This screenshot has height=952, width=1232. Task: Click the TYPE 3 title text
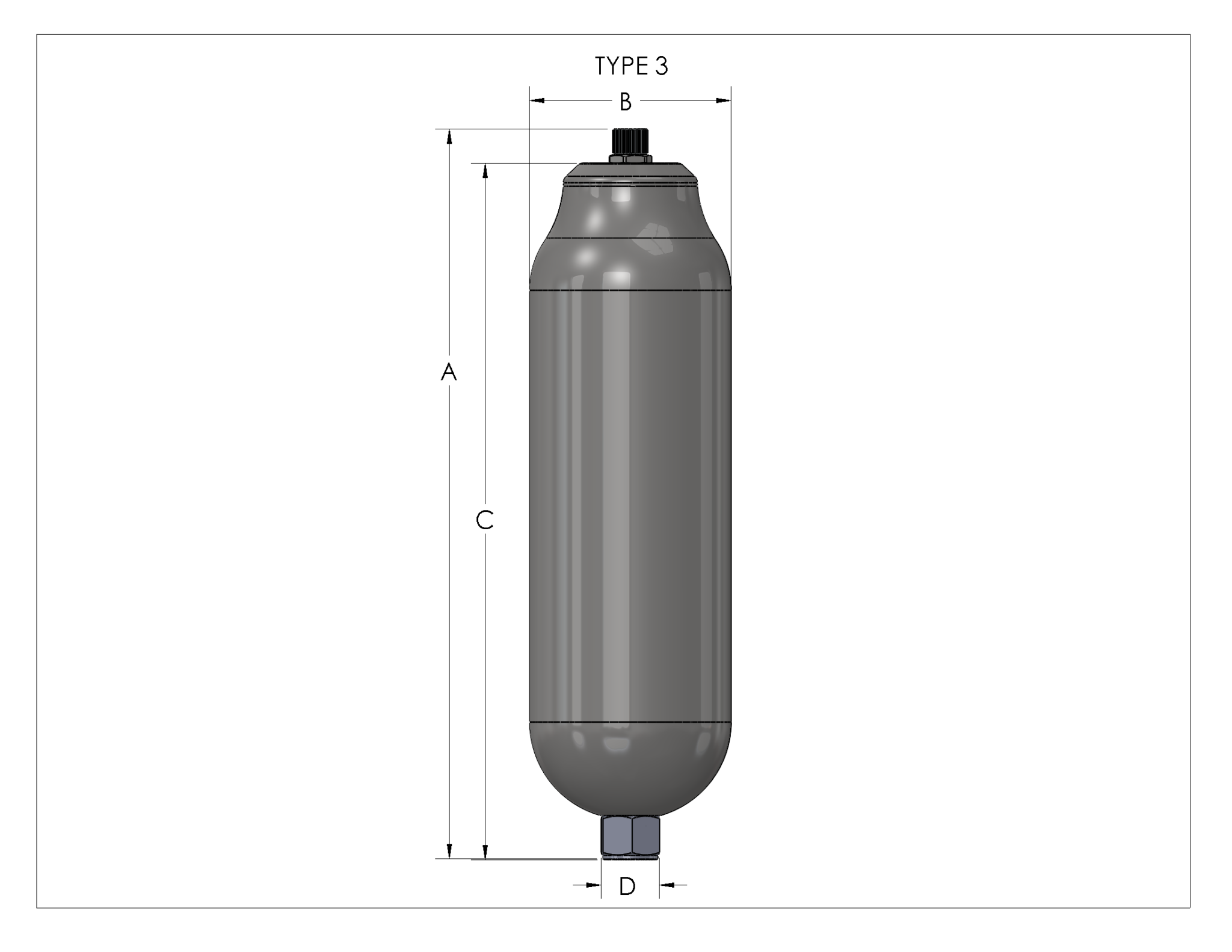631,66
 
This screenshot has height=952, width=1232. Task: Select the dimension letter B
626,102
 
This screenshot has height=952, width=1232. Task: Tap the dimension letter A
449,372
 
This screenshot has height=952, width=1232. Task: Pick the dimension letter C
485,520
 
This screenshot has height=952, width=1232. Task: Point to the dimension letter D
627,886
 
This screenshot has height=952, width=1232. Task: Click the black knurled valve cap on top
630,141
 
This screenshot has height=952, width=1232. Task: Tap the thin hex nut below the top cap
630,159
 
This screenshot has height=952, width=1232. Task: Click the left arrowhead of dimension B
537,100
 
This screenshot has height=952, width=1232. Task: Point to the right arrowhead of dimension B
723,100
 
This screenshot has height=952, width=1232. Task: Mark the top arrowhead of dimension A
449,137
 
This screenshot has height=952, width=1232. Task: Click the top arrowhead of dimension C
485,171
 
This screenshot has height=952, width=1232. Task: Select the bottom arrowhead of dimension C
485,851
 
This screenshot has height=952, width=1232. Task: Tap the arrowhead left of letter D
593,885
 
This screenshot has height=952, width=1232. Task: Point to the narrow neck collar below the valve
630,174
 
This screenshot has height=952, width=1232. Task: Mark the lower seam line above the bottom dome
630,721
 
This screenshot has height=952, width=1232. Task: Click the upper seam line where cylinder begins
630,291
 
